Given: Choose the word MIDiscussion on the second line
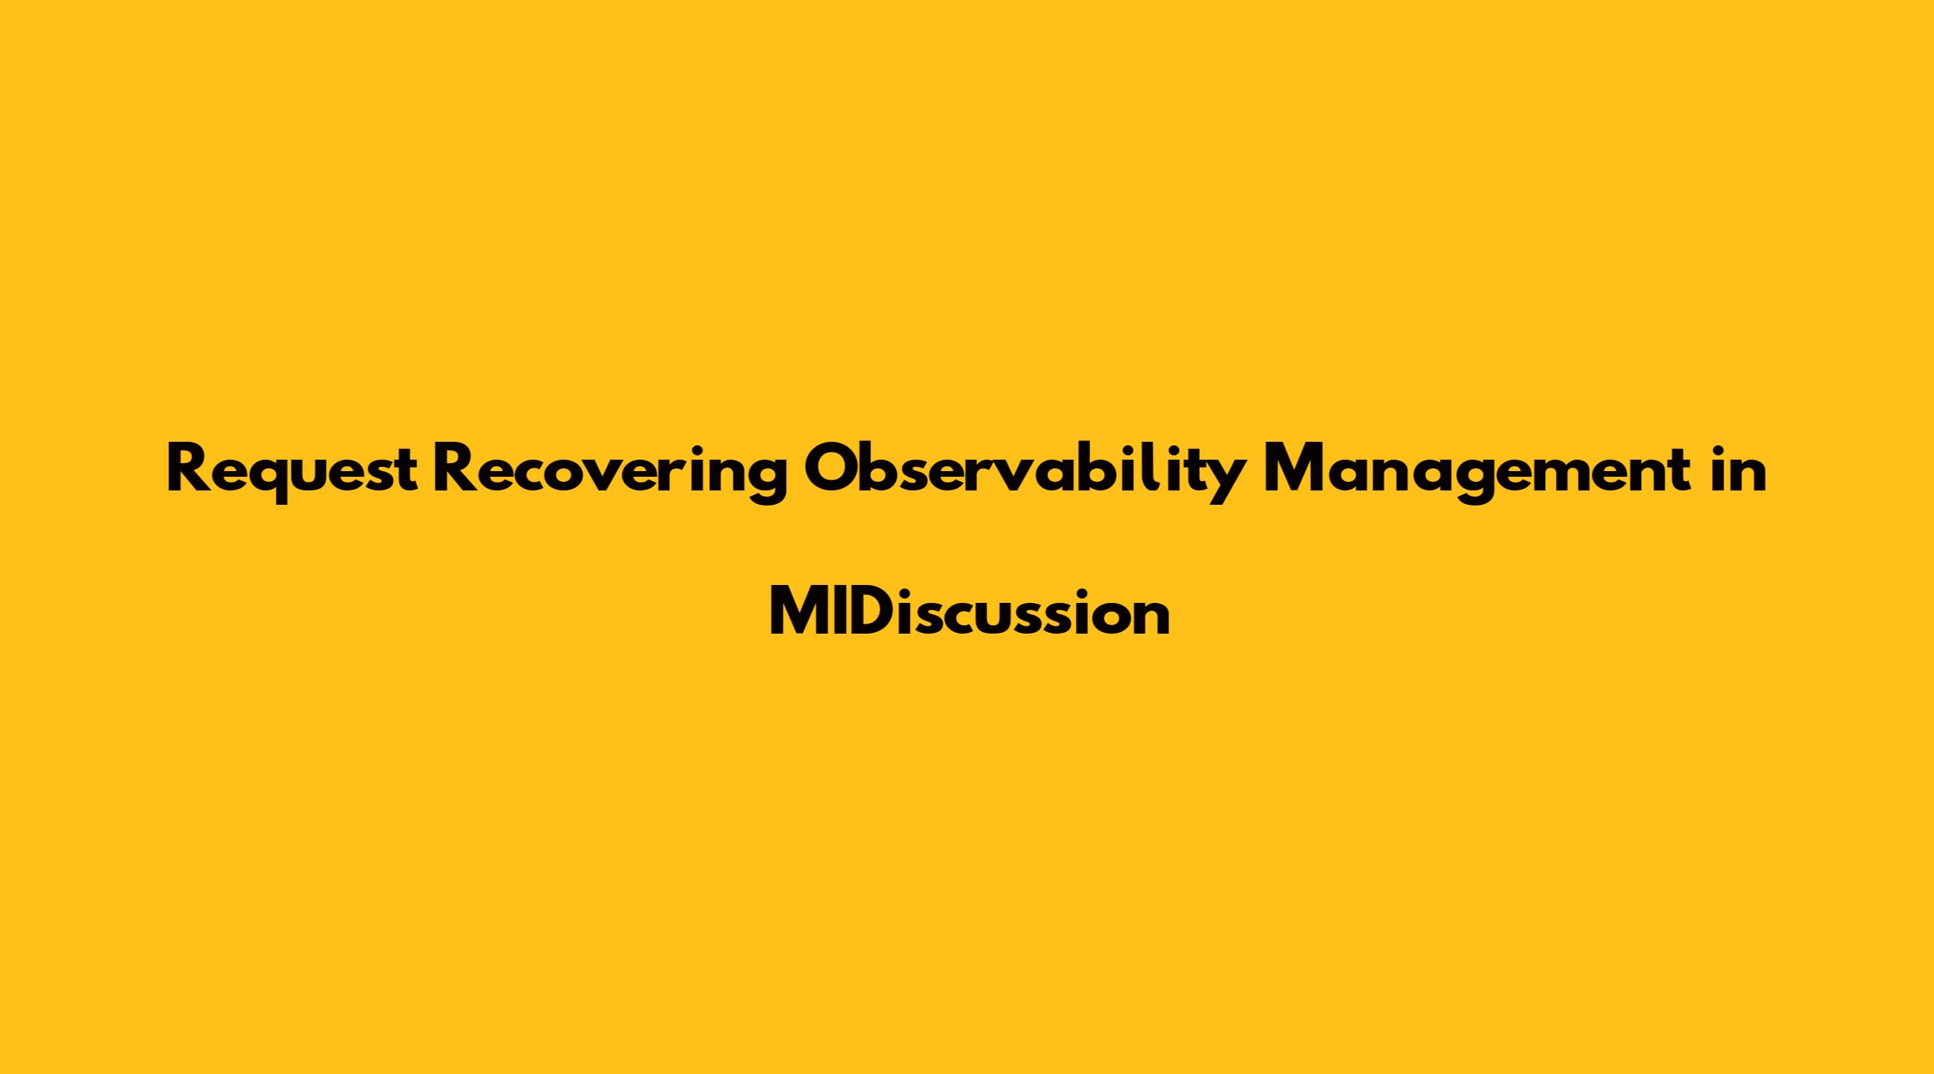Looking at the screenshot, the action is (x=969, y=611).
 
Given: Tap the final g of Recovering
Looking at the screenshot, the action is (x=768, y=480).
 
